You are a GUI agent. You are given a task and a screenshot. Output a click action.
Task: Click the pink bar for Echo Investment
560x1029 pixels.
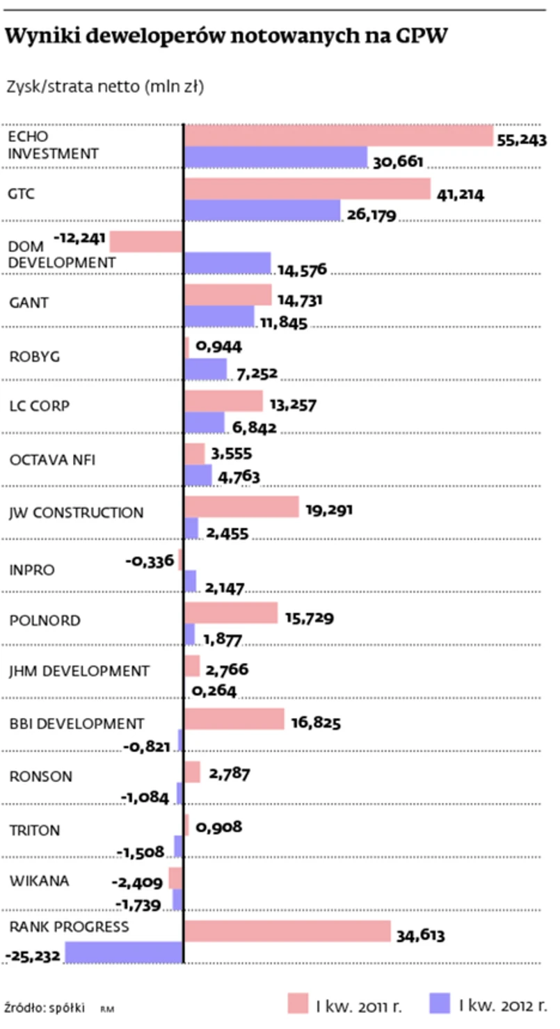click(339, 136)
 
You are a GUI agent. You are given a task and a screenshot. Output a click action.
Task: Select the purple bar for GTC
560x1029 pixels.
click(263, 210)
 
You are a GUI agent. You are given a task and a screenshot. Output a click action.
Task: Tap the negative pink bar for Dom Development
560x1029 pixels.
click(146, 241)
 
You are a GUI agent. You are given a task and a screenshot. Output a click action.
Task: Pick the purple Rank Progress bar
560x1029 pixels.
click(124, 952)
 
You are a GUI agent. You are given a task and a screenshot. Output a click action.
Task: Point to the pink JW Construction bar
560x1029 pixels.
click(241, 506)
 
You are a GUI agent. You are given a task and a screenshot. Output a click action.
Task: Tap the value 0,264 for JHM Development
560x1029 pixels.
click(214, 691)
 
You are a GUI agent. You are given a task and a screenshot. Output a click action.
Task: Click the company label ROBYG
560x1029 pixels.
click(35, 357)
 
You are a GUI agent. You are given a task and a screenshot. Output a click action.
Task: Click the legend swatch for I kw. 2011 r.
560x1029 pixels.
click(298, 1003)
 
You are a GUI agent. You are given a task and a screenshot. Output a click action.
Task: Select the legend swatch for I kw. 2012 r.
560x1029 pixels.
click(440, 1003)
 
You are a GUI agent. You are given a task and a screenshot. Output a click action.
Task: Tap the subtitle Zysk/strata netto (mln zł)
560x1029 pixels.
click(104, 87)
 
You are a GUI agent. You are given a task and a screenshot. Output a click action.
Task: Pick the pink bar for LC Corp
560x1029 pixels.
click(224, 401)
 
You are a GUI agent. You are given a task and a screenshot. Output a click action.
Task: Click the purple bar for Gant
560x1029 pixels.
click(220, 317)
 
